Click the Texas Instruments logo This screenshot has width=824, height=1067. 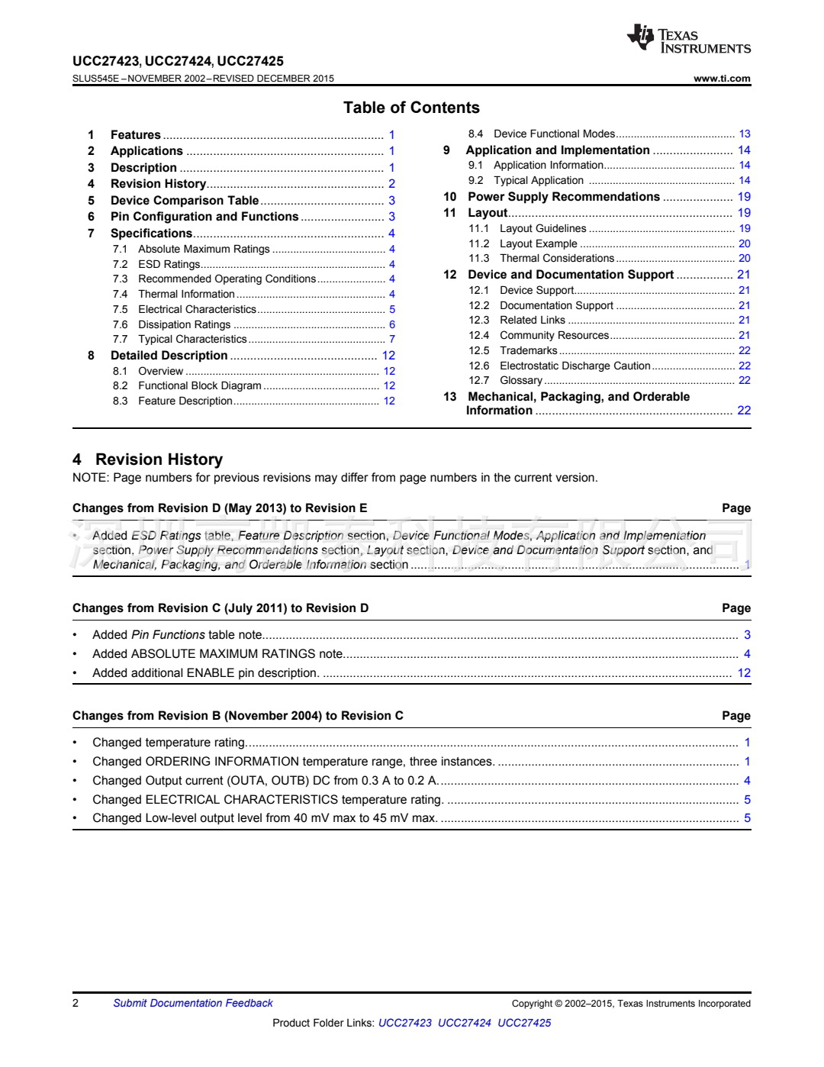(x=688, y=40)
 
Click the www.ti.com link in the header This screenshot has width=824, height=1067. (x=722, y=79)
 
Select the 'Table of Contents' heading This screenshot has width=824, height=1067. (x=411, y=108)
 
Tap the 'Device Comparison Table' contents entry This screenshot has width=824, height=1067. (x=185, y=201)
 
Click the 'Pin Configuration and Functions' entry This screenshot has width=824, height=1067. (x=204, y=217)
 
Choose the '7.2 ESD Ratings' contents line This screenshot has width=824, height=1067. (x=169, y=264)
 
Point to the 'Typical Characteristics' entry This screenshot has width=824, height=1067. (x=192, y=339)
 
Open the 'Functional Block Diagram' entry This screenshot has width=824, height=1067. (x=199, y=385)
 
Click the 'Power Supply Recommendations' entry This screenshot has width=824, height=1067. (x=563, y=197)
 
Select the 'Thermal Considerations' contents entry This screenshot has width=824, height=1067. (x=556, y=258)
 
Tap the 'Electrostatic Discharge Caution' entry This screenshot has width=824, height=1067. (x=575, y=366)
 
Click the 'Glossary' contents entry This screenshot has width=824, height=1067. (x=520, y=380)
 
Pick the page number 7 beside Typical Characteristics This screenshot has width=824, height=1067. (x=392, y=339)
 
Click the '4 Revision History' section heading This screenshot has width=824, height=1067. (x=148, y=459)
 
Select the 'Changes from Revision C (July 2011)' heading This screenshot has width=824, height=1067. (x=220, y=608)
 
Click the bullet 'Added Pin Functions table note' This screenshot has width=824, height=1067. (x=177, y=635)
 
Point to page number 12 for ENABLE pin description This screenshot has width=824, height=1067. (x=744, y=673)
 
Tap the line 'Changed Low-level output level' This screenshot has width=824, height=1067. (x=265, y=818)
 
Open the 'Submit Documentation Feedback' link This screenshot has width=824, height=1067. (x=193, y=1003)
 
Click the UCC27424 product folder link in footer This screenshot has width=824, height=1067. (x=464, y=1023)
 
